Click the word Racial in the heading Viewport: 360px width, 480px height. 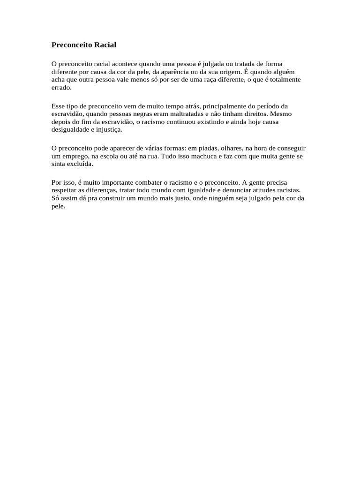(103, 45)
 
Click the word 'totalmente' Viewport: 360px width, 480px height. (285, 80)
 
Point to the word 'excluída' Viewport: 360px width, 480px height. (80, 164)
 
